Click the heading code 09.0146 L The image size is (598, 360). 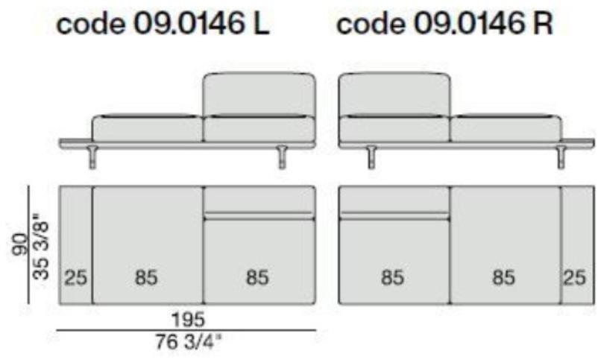pos(163,24)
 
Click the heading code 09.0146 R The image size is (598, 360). pos(444,24)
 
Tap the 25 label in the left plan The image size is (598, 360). pos(75,277)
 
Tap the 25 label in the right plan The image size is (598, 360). pos(574,277)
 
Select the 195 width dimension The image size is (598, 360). pos(188,320)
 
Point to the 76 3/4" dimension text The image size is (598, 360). pos(188,341)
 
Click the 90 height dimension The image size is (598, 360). pos(20,244)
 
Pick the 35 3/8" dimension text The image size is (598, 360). pos(41,246)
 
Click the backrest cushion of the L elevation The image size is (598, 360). pos(259,94)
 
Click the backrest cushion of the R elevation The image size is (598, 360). pos(394,94)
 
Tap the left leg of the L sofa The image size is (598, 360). pos(92,157)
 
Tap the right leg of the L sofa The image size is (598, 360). pos(282,157)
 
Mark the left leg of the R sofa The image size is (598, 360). pos(372,157)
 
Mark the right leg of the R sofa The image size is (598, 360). pos(561,157)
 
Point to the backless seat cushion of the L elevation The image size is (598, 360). pos(147,128)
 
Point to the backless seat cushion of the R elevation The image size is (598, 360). pos(506,128)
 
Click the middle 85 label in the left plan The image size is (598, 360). pos(146,277)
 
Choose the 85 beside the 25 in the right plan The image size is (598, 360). pos(504,277)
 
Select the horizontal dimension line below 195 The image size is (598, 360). pos(186,330)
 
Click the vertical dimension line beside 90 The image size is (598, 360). pos(28,244)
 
